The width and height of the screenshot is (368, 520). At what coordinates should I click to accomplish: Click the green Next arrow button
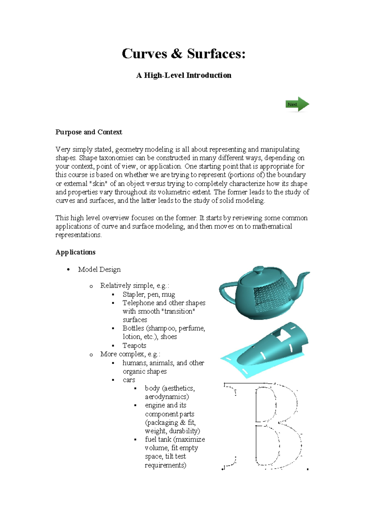(297, 105)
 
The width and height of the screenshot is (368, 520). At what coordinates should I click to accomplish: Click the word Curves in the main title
(144, 54)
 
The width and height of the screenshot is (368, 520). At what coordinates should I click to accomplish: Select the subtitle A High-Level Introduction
(184, 75)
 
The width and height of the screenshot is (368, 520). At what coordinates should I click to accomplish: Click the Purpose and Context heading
(89, 132)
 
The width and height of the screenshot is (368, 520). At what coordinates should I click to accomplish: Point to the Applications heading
(75, 252)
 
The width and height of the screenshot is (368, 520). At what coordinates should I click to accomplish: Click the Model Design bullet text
(99, 270)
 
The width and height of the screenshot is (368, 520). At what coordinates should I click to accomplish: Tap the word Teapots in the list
(134, 346)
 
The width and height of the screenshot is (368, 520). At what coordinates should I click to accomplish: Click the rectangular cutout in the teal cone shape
(283, 336)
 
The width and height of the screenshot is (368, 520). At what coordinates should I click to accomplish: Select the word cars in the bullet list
(129, 380)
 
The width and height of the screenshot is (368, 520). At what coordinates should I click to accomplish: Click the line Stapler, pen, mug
(149, 295)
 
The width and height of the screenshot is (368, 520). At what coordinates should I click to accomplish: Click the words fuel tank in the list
(158, 439)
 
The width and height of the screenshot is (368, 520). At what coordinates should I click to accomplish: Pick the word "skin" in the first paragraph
(98, 184)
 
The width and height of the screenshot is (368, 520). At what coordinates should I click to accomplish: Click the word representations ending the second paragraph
(78, 235)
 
